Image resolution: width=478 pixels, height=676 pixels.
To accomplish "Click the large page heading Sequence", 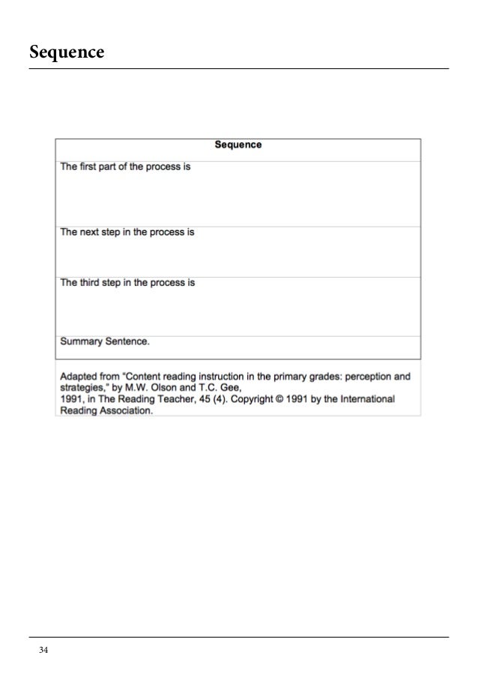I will pyautogui.click(x=67, y=53).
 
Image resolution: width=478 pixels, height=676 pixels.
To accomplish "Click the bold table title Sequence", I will pyautogui.click(x=238, y=145).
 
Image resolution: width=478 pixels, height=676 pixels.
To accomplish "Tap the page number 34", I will pyautogui.click(x=43, y=649).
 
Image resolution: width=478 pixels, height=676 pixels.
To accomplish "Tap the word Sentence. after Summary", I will pyautogui.click(x=129, y=341).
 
